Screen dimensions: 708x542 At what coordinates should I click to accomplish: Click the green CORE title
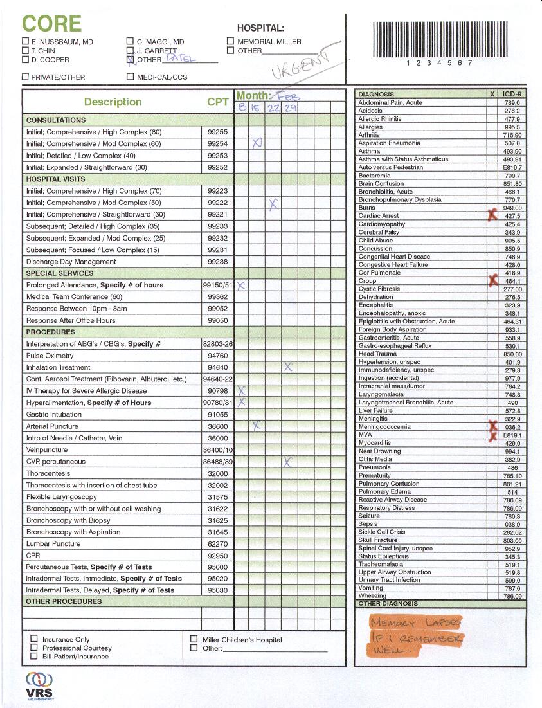[51, 24]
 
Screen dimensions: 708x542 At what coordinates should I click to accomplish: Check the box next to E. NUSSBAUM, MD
[25, 42]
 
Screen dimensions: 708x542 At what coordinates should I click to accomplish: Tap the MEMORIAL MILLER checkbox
[230, 42]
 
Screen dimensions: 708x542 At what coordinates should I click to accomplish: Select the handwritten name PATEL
[181, 58]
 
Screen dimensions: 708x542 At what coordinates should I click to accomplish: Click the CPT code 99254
[217, 143]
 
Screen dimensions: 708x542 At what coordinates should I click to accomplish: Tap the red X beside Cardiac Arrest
[492, 216]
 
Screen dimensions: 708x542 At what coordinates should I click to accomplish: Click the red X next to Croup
[492, 280]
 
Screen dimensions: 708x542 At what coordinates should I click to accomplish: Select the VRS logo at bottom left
[39, 684]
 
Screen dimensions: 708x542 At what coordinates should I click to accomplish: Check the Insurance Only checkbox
[34, 639]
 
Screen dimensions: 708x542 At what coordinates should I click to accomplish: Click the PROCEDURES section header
[50, 332]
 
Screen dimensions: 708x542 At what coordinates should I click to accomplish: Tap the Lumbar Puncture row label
[53, 543]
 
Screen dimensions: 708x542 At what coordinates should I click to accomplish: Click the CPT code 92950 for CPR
[217, 555]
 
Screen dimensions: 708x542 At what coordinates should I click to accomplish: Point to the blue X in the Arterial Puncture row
[256, 425]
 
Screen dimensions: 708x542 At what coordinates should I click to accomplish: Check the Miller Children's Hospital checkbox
[194, 639]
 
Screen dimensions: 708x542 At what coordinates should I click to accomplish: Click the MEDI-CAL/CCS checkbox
[131, 77]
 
